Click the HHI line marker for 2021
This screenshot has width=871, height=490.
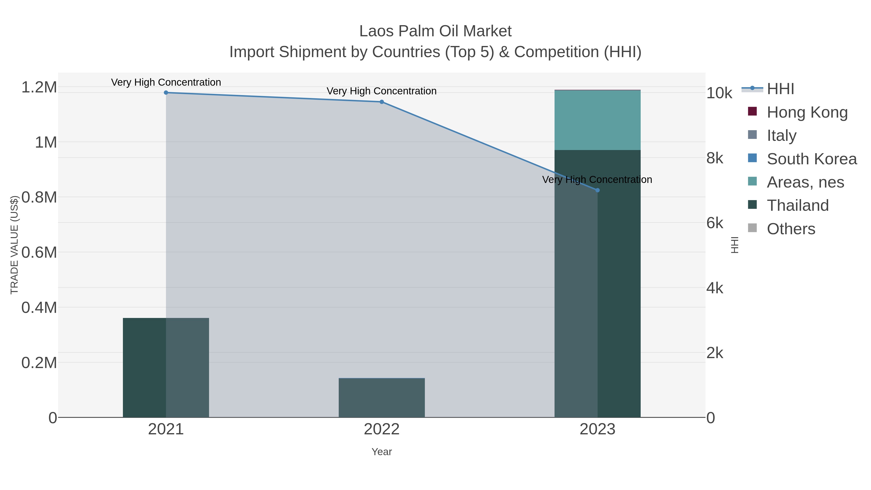pyautogui.click(x=166, y=93)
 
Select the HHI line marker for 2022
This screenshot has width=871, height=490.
pyautogui.click(x=381, y=102)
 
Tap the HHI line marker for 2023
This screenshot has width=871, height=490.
pyautogui.click(x=597, y=190)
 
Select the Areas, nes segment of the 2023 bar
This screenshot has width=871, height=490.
pyautogui.click(x=597, y=120)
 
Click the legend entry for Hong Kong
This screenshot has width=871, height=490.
pyautogui.click(x=807, y=112)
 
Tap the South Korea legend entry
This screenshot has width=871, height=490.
pyautogui.click(x=811, y=159)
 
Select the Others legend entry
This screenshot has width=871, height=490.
pyautogui.click(x=790, y=229)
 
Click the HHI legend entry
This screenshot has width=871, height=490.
pyautogui.click(x=780, y=89)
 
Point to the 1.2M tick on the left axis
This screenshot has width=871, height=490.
pyautogui.click(x=39, y=87)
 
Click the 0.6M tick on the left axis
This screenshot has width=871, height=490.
pyautogui.click(x=39, y=252)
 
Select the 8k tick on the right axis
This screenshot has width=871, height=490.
pyautogui.click(x=714, y=158)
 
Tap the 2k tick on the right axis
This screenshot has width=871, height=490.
pyautogui.click(x=714, y=353)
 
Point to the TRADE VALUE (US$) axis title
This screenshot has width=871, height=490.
pyautogui.click(x=14, y=245)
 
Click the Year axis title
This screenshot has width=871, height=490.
pyautogui.click(x=381, y=452)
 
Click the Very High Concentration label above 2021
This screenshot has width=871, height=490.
pyautogui.click(x=166, y=82)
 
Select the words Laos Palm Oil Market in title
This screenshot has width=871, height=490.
pyautogui.click(x=435, y=31)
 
